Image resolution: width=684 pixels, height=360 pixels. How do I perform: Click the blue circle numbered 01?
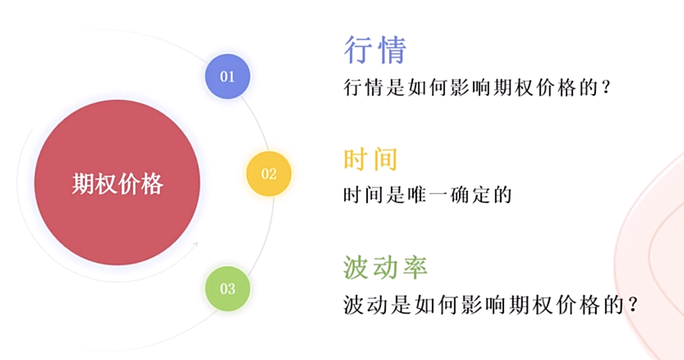pyautogui.click(x=228, y=77)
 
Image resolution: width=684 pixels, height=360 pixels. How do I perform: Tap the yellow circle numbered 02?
pyautogui.click(x=269, y=174)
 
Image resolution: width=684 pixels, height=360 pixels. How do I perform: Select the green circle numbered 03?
pyautogui.click(x=228, y=289)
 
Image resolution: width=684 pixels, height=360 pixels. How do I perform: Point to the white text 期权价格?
pyautogui.click(x=117, y=184)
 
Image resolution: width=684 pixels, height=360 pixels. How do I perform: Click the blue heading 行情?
pyautogui.click(x=375, y=50)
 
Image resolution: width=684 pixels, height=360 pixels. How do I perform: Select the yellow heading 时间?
pyautogui.click(x=370, y=159)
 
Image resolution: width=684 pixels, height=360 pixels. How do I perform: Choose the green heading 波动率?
pyautogui.click(x=385, y=267)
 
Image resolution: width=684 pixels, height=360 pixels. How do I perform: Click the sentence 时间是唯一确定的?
pyautogui.click(x=427, y=195)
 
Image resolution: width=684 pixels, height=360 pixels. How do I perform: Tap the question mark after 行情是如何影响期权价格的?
pyautogui.click(x=606, y=87)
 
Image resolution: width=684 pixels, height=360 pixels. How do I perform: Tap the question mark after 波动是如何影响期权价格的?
pyautogui.click(x=633, y=305)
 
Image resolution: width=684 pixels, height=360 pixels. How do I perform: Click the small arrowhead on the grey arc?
pyautogui.click(x=196, y=244)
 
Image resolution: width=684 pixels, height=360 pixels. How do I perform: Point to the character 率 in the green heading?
pyautogui.click(x=415, y=267)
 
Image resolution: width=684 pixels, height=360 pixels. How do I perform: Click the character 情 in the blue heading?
pyautogui.click(x=392, y=50)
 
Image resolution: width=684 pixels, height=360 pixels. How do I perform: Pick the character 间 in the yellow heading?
pyautogui.click(x=385, y=159)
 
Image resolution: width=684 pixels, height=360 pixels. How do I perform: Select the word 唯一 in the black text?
pyautogui.click(x=427, y=195)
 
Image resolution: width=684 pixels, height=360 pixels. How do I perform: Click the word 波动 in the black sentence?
pyautogui.click(x=366, y=305)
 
